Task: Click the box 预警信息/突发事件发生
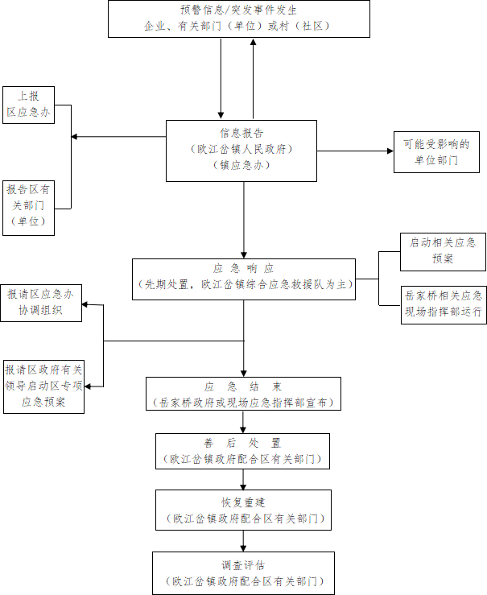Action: pyautogui.click(x=238, y=18)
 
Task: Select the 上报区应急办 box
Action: pyautogui.click(x=28, y=105)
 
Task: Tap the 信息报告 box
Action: pyautogui.click(x=241, y=151)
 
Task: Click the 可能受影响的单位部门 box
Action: pyautogui.click(x=436, y=152)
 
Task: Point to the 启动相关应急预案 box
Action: pyautogui.click(x=443, y=251)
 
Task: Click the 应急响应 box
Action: pyautogui.click(x=243, y=279)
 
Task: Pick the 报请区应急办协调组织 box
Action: pyautogui.click(x=40, y=303)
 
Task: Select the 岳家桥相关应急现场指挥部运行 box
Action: pyautogui.click(x=443, y=304)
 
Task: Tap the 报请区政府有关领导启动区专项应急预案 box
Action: pyautogui.click(x=43, y=386)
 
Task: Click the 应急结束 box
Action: pyautogui.click(x=242, y=394)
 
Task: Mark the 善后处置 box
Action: pyautogui.click(x=242, y=451)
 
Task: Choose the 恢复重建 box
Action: pyautogui.click(x=242, y=510)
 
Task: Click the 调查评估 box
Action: pyautogui.click(x=243, y=572)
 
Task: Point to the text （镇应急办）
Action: pyautogui.click(x=241, y=165)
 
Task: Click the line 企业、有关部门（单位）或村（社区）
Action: pyautogui.click(x=238, y=26)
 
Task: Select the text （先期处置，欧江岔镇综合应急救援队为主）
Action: pyautogui.click(x=244, y=285)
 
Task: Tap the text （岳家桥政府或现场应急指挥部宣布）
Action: pyautogui.click(x=242, y=402)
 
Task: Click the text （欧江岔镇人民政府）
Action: pyautogui.click(x=241, y=150)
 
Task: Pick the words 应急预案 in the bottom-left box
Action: pyautogui.click(x=43, y=401)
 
